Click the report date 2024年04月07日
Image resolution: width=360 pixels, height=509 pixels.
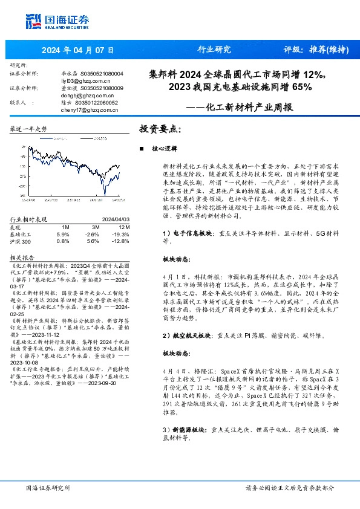point(77,50)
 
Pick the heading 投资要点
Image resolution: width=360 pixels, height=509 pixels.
point(160,129)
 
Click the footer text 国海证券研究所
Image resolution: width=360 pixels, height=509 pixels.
point(49,488)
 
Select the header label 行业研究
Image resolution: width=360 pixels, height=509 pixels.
point(214,50)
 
